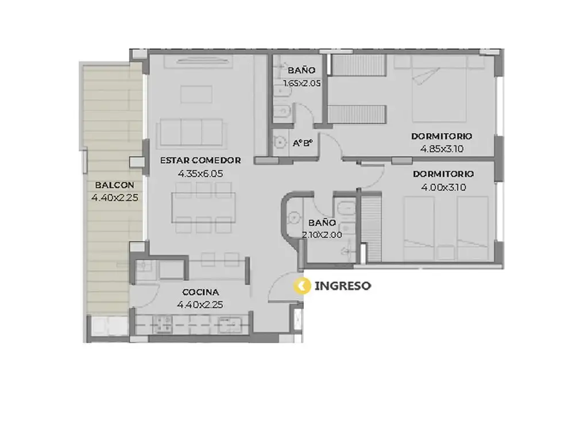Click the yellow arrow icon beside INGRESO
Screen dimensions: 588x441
pyautogui.click(x=302, y=286)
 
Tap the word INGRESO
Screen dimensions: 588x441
pyautogui.click(x=343, y=286)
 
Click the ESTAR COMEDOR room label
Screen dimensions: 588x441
pyautogui.click(x=200, y=161)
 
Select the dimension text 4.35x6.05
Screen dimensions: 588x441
pyautogui.click(x=200, y=173)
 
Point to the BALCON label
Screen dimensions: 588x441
pyautogui.click(x=114, y=185)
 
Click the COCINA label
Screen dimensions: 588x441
pyautogui.click(x=200, y=292)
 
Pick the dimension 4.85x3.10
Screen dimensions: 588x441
pyautogui.click(x=442, y=149)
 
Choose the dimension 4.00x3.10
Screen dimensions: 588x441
pyautogui.click(x=444, y=187)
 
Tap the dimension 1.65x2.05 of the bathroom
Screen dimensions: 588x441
pyautogui.click(x=302, y=83)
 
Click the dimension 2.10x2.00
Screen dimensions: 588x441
pyautogui.click(x=322, y=235)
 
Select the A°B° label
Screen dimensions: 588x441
pyautogui.click(x=303, y=143)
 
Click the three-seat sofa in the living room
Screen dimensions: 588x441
pyautogui.click(x=191, y=132)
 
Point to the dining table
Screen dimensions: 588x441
pyautogui.click(x=204, y=207)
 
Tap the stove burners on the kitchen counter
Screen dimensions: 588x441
pyautogui.click(x=164, y=323)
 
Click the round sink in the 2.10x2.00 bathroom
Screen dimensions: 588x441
pyautogui.click(x=293, y=217)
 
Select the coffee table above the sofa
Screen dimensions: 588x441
pyautogui.click(x=196, y=94)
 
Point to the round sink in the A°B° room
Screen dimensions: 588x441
pyautogui.click(x=279, y=142)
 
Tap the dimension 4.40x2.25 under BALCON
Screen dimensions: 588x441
pyautogui.click(x=115, y=198)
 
